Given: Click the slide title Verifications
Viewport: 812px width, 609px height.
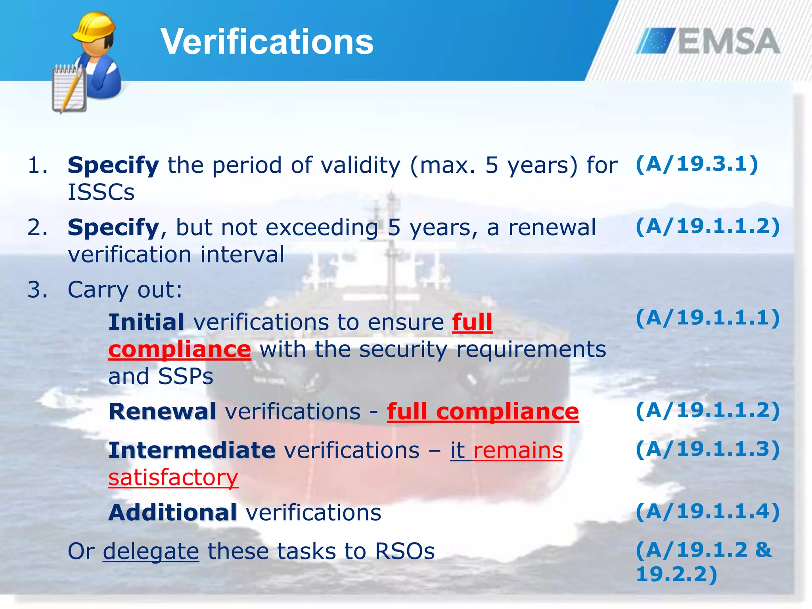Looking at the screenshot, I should [267, 42].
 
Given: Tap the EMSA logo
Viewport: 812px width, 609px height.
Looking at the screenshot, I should [708, 41].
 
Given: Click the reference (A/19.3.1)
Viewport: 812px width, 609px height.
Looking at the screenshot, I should [697, 164].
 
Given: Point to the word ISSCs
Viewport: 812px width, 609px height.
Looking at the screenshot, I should [101, 192].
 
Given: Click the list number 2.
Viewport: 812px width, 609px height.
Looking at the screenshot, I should [37, 228].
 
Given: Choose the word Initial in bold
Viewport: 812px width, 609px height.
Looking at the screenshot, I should [146, 322].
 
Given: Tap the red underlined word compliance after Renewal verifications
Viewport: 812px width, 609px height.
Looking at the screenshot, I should [507, 412].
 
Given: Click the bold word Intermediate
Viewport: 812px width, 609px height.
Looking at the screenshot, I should [192, 450].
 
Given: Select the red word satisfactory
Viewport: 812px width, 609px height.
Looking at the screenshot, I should [173, 477].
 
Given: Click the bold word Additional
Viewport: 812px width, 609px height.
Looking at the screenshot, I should [172, 513].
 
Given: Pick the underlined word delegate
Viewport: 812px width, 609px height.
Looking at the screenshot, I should [151, 552].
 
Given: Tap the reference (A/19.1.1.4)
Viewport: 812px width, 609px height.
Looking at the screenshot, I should [708, 511].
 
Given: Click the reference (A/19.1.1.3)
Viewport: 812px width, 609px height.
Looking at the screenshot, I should [708, 449].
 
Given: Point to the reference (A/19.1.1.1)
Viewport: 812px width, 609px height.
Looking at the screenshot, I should [708, 318].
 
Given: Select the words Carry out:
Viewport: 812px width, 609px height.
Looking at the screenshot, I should [125, 290].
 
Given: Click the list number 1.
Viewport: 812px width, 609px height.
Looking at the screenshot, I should [37, 165].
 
